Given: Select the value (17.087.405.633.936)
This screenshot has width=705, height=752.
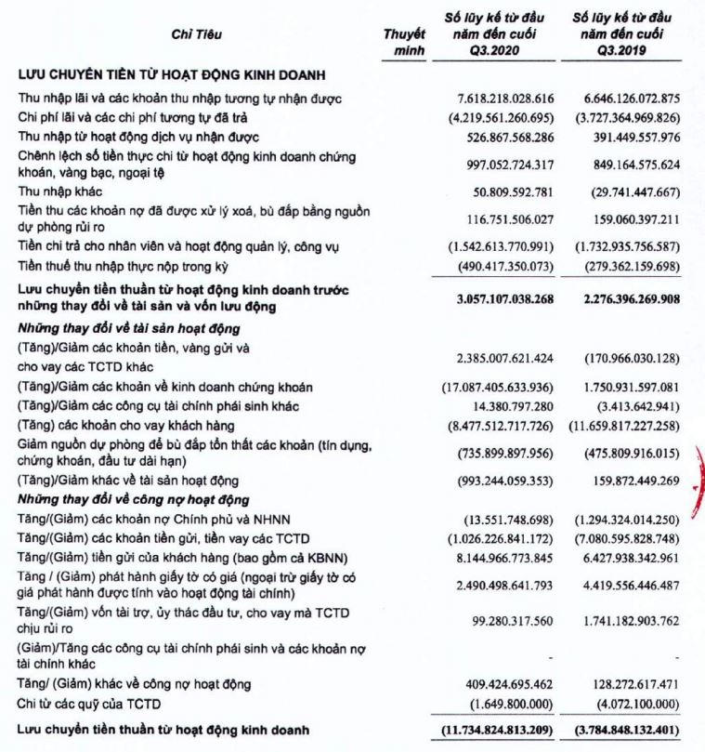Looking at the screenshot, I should pos(497,387).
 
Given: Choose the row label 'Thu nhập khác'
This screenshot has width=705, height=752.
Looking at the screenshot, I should pos(57,191).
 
